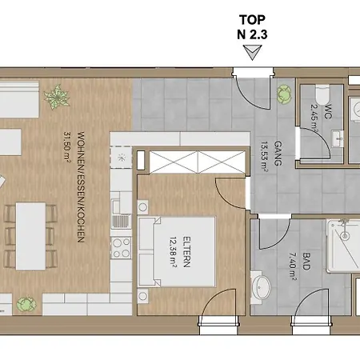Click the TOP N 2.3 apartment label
(x=252, y=27)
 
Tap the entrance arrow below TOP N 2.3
(x=252, y=52)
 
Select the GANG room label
(x=278, y=154)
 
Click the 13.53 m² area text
(x=265, y=157)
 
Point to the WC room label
(x=329, y=111)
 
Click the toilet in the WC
(x=322, y=95)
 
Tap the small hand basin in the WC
(x=338, y=138)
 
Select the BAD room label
(x=306, y=262)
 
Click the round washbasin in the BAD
(x=261, y=287)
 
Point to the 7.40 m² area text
(x=293, y=266)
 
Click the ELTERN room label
(x=186, y=251)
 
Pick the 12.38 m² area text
(x=173, y=252)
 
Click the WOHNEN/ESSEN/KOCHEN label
(x=81, y=186)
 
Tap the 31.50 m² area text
(x=66, y=146)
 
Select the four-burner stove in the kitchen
(x=121, y=247)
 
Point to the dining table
(x=30, y=236)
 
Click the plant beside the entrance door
(x=284, y=94)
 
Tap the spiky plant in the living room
(x=57, y=97)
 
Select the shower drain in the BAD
(x=345, y=236)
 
